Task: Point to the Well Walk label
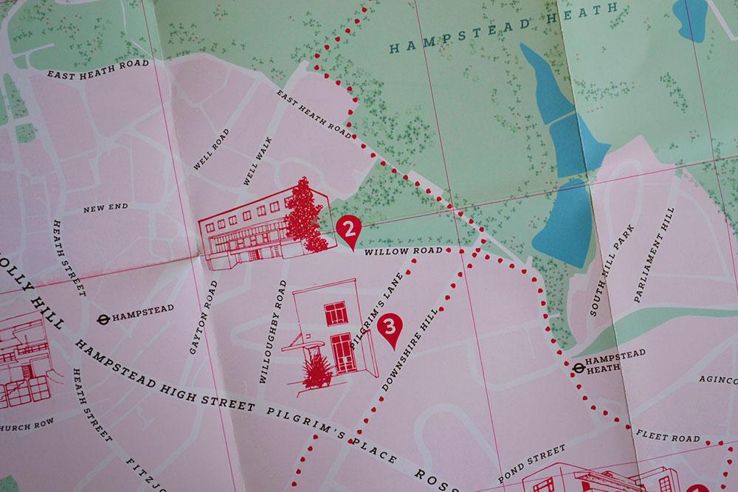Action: point(255,161)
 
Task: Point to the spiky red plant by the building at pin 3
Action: point(316,370)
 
